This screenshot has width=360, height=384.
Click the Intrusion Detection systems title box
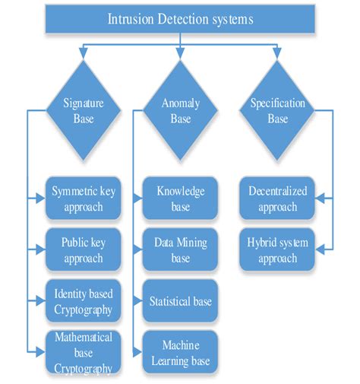point(179,18)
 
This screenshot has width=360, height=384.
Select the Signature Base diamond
point(84,111)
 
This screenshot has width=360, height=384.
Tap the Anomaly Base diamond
point(180,111)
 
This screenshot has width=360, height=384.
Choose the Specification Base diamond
point(277,111)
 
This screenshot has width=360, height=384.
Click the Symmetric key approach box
point(84,198)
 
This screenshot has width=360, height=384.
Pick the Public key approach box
point(84,249)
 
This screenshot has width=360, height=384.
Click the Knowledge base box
point(180,198)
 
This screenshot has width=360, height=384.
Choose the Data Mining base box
point(180,249)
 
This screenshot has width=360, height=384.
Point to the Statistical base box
point(180,301)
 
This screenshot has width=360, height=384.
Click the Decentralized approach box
point(277,198)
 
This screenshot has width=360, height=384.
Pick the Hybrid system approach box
point(277,249)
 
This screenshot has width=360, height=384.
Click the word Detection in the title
point(179,18)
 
